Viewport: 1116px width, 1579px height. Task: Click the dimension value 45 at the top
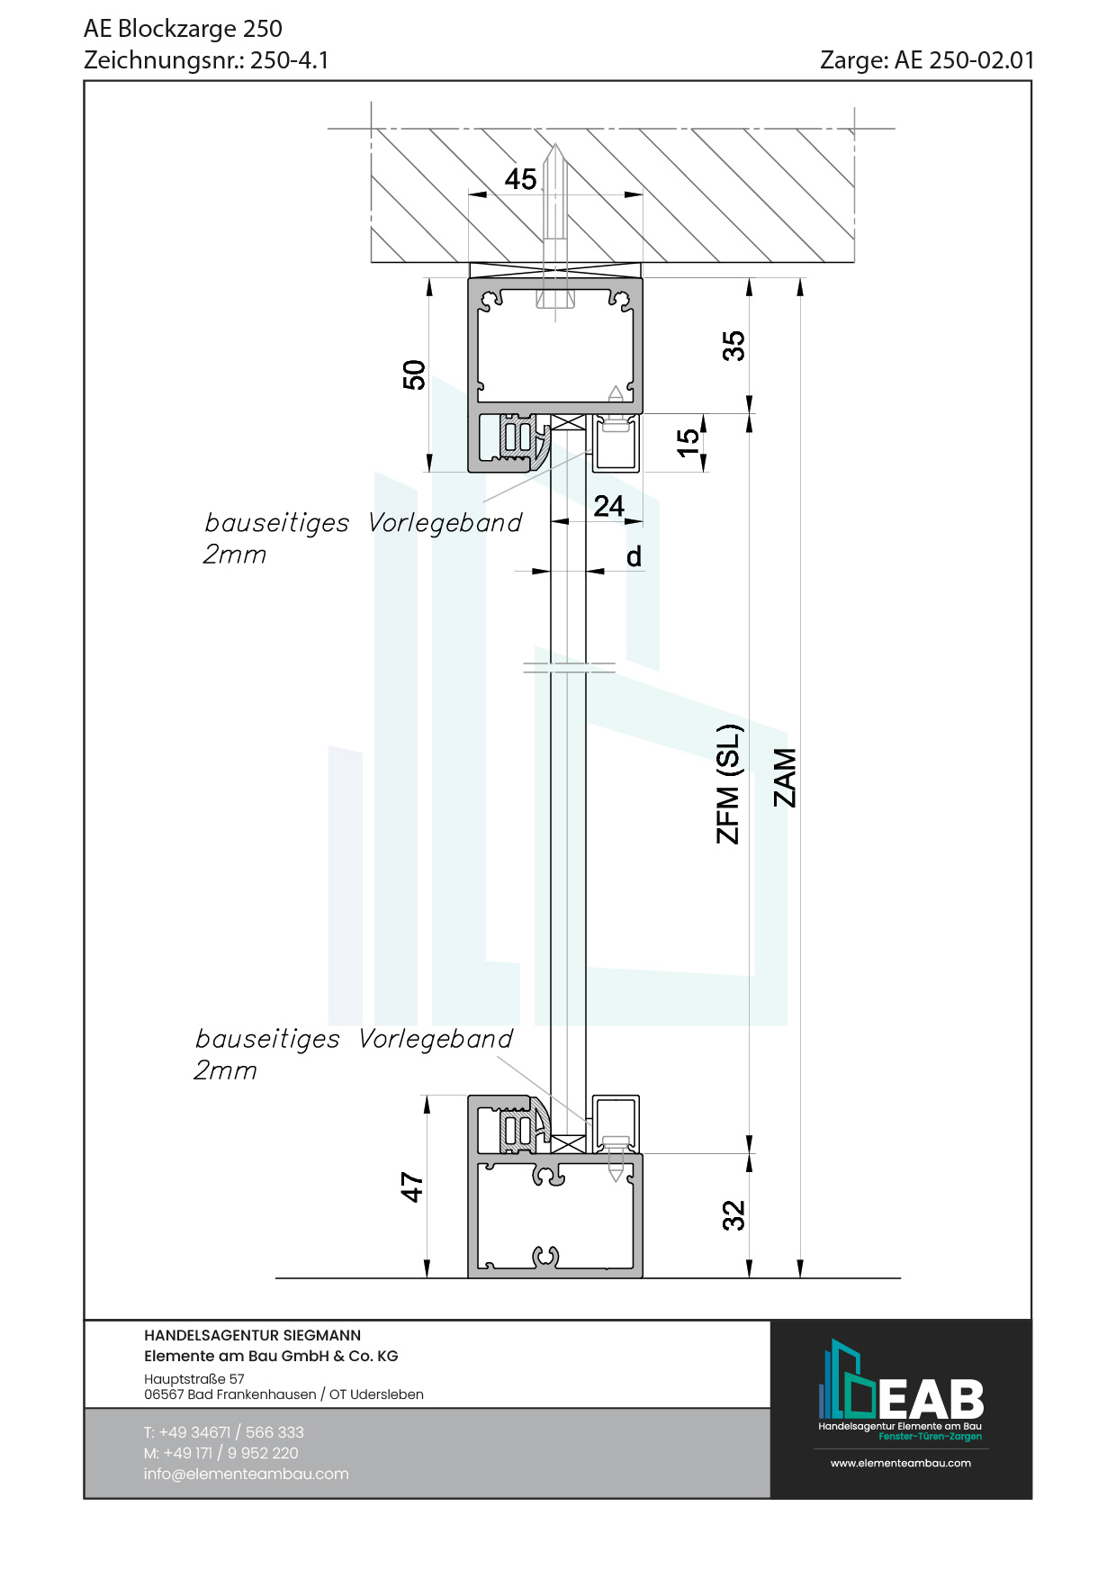coord(520,179)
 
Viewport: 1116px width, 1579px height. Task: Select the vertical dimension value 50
coord(414,374)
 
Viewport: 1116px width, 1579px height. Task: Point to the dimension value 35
coord(734,346)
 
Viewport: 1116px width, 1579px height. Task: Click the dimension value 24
coord(609,506)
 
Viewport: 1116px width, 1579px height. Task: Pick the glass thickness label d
coord(634,557)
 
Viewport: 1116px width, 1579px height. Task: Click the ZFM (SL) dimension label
coord(729,784)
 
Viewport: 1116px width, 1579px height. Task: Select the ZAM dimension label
coord(786,778)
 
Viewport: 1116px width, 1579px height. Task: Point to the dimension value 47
coord(412,1187)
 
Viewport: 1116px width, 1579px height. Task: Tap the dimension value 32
coord(734,1215)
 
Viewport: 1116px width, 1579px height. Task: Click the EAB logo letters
coord(931,1400)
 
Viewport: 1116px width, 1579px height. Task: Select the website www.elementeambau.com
coord(900,1463)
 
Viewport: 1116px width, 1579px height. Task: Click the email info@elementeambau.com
coord(246,1474)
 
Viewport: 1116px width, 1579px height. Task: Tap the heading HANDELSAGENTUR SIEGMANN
coord(252,1335)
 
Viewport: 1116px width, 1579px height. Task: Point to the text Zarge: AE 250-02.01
coord(926,60)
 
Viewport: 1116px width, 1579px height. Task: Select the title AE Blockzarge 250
coord(183,29)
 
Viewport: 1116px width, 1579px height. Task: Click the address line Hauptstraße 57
coord(193,1378)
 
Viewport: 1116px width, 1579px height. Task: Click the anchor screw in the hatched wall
coord(555,225)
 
